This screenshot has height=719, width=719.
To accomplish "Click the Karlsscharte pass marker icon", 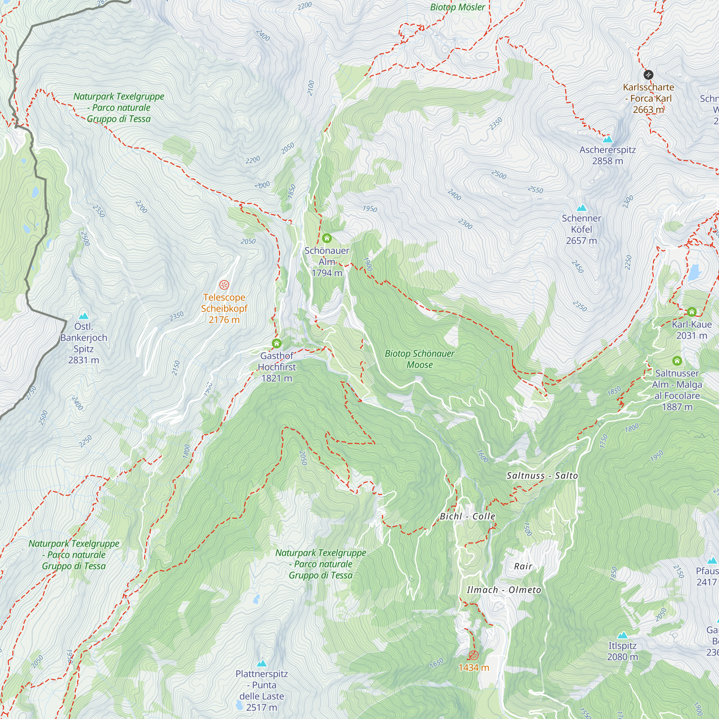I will click(648, 75).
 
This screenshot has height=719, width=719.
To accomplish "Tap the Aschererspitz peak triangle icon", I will click(607, 139).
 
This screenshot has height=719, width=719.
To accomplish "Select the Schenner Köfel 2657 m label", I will click(581, 229).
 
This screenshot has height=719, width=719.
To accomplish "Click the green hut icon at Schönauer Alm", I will click(327, 238).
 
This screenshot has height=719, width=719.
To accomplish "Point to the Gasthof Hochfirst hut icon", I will click(276, 343).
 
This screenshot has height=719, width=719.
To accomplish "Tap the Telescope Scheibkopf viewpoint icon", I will click(224, 285).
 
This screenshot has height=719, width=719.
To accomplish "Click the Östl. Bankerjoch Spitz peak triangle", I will click(84, 316).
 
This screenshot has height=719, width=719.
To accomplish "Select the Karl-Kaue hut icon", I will click(691, 311).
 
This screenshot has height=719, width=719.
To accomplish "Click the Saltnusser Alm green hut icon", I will click(677, 361).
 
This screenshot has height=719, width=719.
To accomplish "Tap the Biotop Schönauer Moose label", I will click(420, 359).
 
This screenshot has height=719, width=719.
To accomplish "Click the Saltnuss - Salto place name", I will click(542, 476).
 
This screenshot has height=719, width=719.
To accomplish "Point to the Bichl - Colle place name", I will click(467, 517).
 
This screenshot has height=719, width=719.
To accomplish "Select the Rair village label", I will click(523, 567).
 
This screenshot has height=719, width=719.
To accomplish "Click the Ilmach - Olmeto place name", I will click(504, 590).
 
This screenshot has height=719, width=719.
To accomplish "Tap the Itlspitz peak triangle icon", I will click(622, 635).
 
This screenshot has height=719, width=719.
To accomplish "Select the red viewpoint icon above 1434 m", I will click(473, 655).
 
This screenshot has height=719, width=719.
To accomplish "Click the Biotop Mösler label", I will click(457, 7).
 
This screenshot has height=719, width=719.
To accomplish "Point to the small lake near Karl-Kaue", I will click(695, 272).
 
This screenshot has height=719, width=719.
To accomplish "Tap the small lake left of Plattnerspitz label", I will click(239, 705).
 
